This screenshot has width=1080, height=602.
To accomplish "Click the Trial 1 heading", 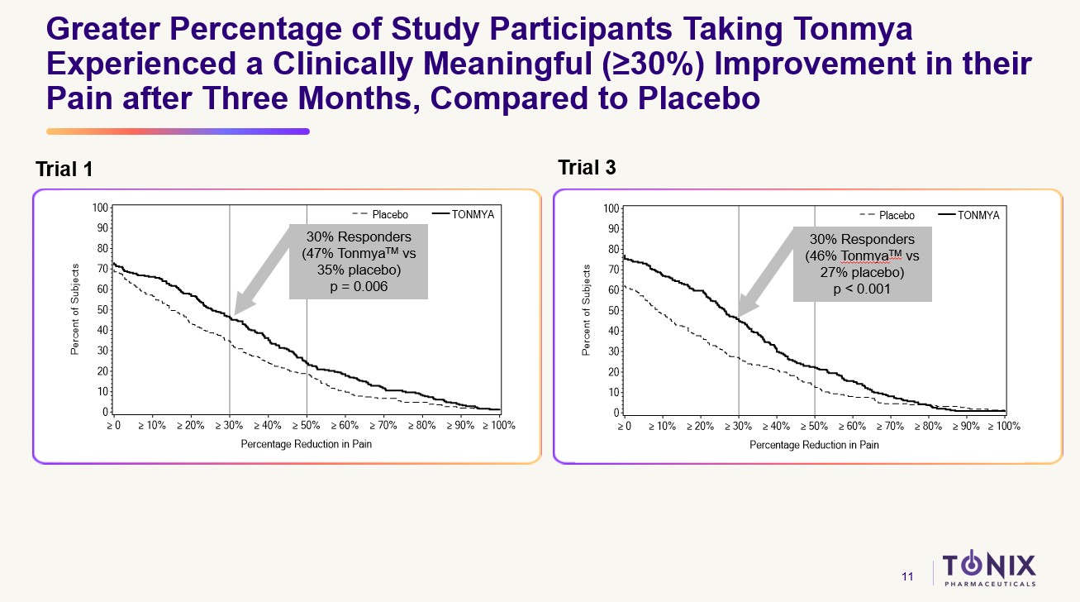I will tap(64, 170).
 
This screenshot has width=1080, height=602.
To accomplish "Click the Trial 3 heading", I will tap(587, 168).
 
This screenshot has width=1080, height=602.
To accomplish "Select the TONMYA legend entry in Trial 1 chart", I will tap(471, 215).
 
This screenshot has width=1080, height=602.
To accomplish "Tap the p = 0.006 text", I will tap(358, 286).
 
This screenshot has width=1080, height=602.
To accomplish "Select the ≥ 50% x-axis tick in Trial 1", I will tap(307, 426).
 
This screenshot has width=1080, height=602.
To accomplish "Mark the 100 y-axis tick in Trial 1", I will tap(99, 208).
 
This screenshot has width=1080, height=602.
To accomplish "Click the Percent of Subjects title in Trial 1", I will tap(74, 310).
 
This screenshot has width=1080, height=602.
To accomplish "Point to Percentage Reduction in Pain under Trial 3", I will tap(814, 445).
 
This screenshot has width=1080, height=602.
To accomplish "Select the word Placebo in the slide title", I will tap(698, 99).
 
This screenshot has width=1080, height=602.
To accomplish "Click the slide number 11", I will tap(907, 576).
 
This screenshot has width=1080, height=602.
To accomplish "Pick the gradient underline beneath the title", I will tap(178, 131).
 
